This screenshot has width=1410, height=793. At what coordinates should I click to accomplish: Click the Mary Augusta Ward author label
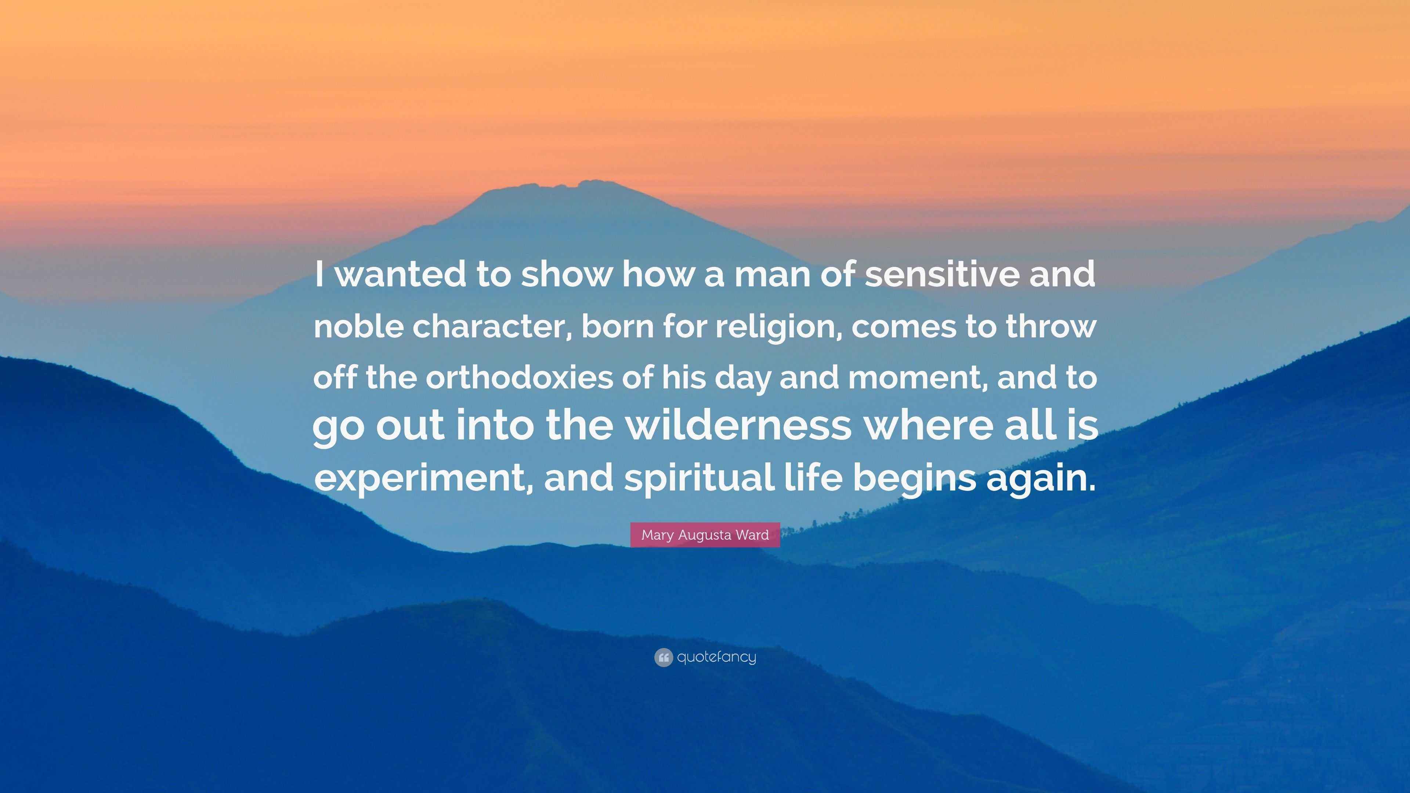pyautogui.click(x=705, y=535)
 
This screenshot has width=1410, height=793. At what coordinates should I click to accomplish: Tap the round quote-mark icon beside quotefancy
pyautogui.click(x=664, y=657)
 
